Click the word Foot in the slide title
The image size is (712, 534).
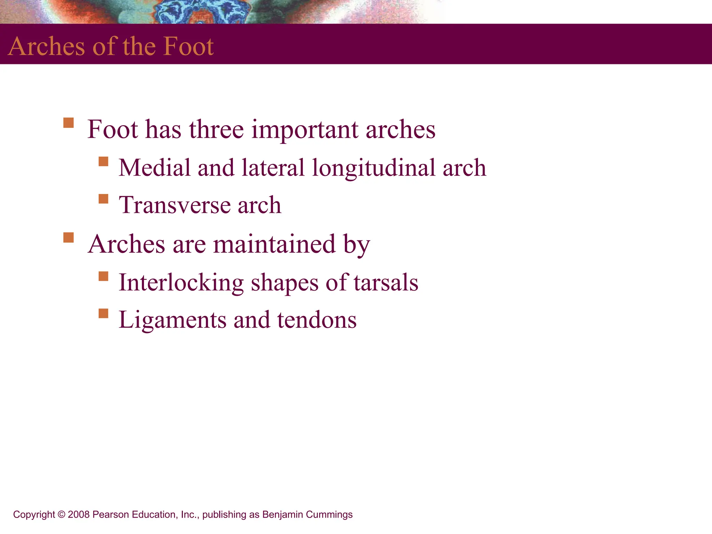[x=188, y=46]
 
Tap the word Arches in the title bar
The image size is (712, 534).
[x=46, y=46]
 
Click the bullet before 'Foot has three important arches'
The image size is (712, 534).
[x=68, y=123]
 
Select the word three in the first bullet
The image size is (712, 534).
[x=216, y=129]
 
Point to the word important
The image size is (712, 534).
[x=305, y=130]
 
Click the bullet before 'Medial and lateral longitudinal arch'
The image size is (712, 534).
[x=103, y=161]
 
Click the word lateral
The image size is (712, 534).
[x=273, y=168]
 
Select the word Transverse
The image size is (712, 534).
[x=174, y=205]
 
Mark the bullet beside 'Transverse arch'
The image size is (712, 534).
[x=103, y=199]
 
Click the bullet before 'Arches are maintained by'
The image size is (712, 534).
[x=68, y=238]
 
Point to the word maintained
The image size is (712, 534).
[x=274, y=244]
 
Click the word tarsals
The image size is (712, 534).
[x=386, y=282]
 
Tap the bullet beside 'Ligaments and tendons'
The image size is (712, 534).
[x=103, y=313]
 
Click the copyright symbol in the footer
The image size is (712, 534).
[x=62, y=515]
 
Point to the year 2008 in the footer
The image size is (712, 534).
[x=79, y=515]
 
